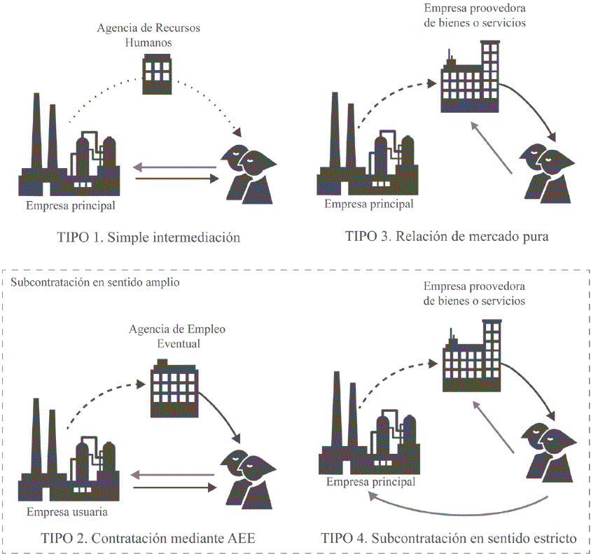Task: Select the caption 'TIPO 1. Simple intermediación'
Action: click(x=148, y=237)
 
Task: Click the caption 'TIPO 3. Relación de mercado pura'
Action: click(x=447, y=235)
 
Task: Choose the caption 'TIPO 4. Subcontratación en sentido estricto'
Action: click(x=449, y=539)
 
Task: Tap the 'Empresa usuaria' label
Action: click(x=67, y=512)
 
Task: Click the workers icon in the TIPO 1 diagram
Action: click(x=246, y=172)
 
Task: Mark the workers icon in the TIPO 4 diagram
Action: click(x=548, y=454)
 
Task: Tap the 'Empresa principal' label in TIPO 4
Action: click(x=370, y=482)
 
